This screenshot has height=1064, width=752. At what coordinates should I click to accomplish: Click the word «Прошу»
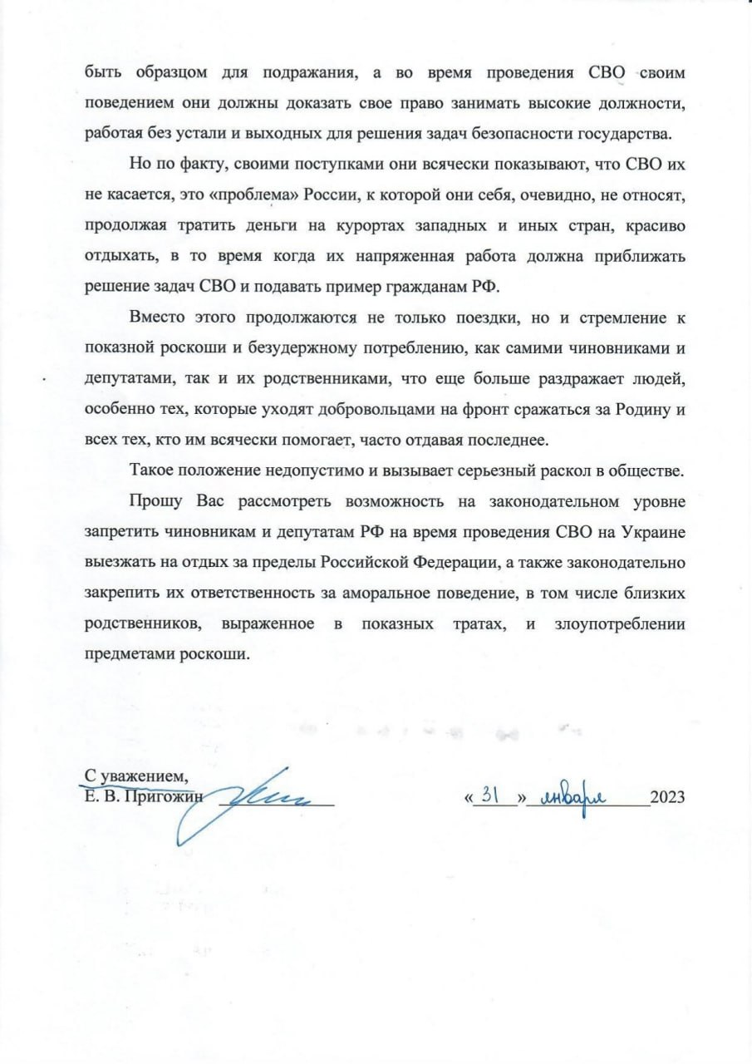coord(153,501)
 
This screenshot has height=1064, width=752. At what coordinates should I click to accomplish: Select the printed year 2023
coord(666,796)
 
